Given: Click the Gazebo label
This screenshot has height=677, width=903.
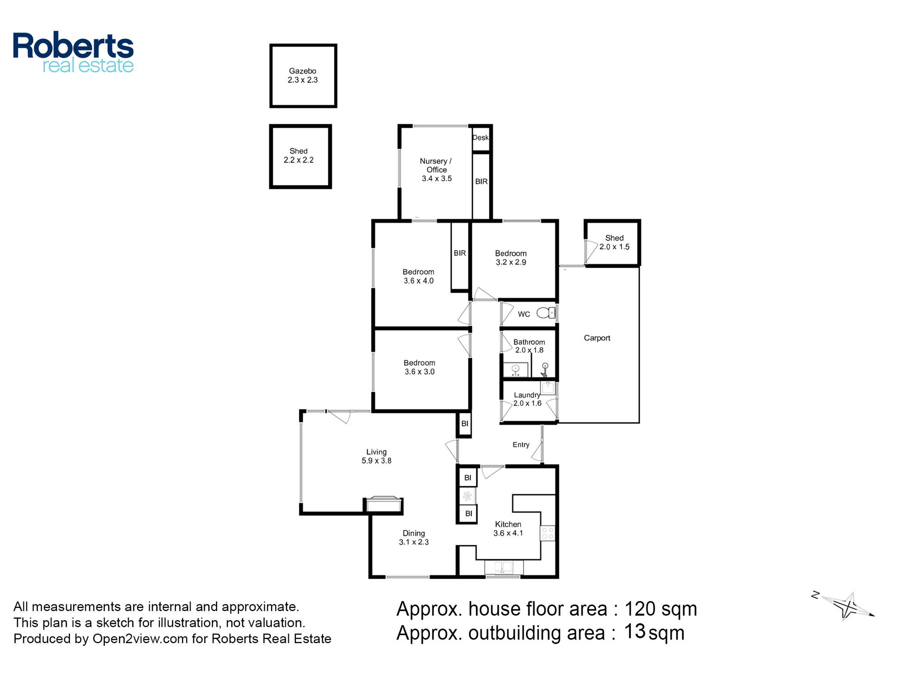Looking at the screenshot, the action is coord(303,71).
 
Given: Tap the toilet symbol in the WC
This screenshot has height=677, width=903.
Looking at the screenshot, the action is coord(546,312).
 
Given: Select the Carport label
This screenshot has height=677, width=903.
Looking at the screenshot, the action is coord(597,338).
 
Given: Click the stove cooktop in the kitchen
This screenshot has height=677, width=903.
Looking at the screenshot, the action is coord(548,533).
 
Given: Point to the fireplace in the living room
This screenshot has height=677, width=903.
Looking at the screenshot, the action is coord(383,505).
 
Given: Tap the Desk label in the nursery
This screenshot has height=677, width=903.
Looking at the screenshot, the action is coord(480,138).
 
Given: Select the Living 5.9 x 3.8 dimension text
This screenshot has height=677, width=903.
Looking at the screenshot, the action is coord(376,461).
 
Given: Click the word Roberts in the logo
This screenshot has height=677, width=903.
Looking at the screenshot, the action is coord(73,45).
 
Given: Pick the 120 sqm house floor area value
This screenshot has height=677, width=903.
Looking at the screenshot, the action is coord(661,609).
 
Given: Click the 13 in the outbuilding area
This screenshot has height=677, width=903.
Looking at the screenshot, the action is coord(635,631).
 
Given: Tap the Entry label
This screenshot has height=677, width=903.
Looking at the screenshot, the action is coord(521,445).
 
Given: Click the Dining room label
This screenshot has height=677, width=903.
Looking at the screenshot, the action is coord(414,533).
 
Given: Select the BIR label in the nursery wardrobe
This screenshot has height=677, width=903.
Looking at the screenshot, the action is coord(481,181).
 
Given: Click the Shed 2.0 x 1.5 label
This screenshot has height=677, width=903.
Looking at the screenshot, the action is coord(614,242).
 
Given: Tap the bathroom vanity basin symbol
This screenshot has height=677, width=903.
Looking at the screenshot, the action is coord(516,370).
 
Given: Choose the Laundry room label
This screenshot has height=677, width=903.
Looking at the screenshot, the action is coord(527,395).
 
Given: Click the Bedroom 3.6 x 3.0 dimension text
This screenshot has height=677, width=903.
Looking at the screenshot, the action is coord(419,372).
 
